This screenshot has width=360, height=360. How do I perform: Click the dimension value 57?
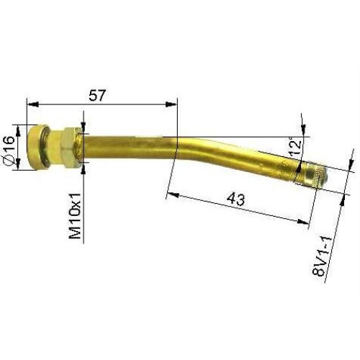[x=100, y=94]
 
